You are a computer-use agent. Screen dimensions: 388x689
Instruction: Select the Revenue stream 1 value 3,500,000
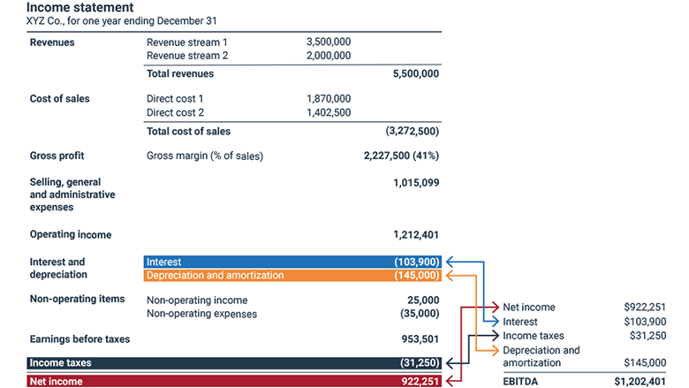coord(328,42)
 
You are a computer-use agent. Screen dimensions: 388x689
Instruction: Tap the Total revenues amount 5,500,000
coord(415,74)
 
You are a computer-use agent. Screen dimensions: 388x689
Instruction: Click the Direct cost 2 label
coord(175,113)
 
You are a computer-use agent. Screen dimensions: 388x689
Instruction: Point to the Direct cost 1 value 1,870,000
coord(328,99)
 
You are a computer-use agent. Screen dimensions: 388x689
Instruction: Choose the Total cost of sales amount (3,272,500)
coord(412,132)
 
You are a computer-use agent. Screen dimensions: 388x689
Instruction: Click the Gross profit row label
coord(57,156)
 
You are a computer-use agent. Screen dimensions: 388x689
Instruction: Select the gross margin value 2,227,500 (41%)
coord(401,156)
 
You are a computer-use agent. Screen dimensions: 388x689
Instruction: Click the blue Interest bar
coord(291,262)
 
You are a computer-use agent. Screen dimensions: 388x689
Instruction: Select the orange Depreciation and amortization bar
coord(291,276)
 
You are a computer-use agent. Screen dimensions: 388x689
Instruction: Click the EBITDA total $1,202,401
coord(640,382)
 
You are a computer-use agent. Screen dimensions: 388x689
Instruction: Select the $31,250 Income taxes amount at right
coord(647,336)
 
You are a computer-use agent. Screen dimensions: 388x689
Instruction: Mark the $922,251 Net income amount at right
coord(645,308)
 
